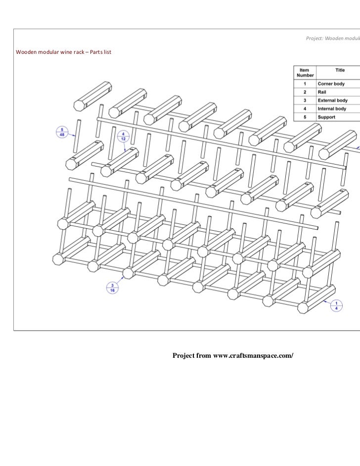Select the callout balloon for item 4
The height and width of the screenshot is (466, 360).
[x=123, y=135]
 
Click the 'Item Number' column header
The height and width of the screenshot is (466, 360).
[x=305, y=73]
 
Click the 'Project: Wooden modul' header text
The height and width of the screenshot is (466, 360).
[x=332, y=39]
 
